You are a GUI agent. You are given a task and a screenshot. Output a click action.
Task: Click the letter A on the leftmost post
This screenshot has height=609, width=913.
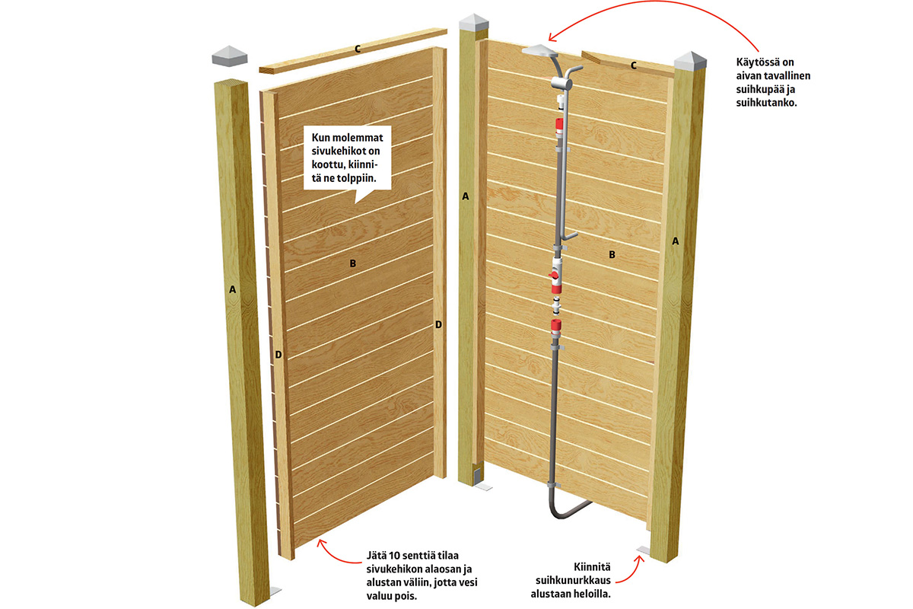232,289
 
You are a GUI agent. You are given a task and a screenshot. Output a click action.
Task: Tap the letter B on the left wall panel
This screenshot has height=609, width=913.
353,263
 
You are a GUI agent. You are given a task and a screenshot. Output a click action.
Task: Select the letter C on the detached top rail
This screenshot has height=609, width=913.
358,49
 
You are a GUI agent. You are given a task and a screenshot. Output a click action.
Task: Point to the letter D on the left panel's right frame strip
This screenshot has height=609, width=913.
438,325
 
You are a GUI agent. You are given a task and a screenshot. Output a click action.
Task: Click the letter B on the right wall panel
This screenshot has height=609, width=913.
612,254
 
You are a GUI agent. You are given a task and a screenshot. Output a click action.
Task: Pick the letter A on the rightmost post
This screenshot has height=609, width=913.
676,241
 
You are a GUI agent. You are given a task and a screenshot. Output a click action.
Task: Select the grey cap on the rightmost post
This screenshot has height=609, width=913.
690,60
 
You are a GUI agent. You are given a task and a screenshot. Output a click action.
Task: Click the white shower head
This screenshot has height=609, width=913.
539,49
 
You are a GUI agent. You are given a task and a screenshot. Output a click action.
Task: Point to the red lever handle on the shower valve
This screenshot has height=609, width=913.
554,276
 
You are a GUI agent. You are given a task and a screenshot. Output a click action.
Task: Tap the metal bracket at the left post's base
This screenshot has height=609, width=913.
275,590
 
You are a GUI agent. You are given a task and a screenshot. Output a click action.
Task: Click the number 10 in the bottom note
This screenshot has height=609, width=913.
396,556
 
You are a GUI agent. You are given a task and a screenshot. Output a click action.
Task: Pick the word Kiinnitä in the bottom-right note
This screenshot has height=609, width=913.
592,566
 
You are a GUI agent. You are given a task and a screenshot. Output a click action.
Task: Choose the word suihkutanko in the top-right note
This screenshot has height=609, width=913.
766,103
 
